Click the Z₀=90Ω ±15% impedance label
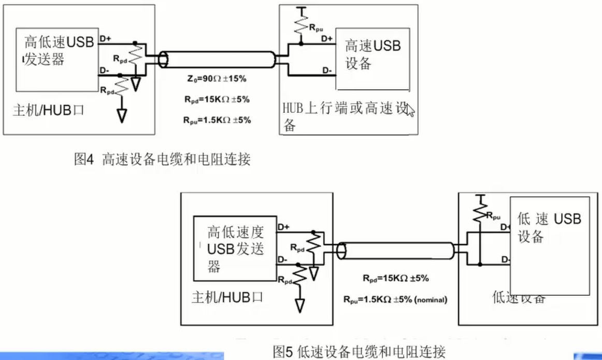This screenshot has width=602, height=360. click(217, 79)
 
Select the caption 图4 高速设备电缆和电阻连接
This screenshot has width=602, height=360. click(163, 160)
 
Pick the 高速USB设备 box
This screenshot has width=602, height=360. click(372, 59)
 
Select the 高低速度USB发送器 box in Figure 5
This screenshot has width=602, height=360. click(235, 249)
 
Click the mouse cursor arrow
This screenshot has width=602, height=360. click(410, 110)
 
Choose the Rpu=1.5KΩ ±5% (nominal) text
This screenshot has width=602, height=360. click(395, 299)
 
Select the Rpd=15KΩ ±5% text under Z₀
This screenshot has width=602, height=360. click(217, 99)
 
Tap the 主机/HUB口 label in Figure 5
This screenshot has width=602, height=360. click(227, 298)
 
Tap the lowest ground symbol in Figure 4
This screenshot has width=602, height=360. click(121, 116)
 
